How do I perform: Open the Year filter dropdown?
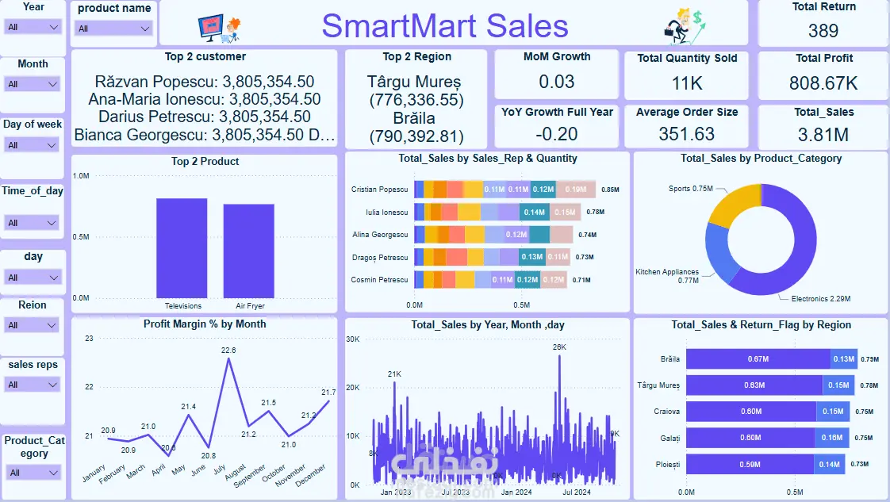[33, 27]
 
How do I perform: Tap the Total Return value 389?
[823, 31]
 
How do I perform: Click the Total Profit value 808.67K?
[823, 83]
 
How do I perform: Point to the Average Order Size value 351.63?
[687, 134]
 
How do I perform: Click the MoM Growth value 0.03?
[557, 82]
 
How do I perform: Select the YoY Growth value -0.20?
[557, 134]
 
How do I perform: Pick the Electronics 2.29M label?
[820, 299]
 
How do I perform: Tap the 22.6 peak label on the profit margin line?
[228, 350]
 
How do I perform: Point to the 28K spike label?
[559, 347]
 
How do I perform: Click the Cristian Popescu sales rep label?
[379, 190]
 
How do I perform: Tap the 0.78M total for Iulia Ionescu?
[594, 213]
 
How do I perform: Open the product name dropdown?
[114, 29]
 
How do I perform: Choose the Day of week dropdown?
[33, 145]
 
